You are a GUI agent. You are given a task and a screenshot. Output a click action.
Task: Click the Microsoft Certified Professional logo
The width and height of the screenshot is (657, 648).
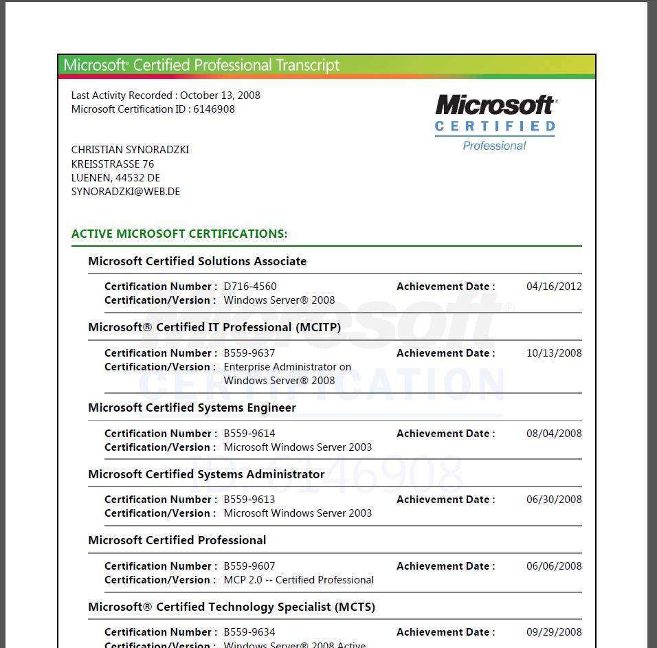tap(495, 122)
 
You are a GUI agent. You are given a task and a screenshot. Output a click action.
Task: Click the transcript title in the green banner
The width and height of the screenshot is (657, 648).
tap(201, 65)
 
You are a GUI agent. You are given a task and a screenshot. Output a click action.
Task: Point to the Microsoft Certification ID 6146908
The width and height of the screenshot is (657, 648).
tap(214, 109)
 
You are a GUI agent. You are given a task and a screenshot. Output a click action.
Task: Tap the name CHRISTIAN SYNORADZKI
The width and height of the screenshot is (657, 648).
tap(130, 150)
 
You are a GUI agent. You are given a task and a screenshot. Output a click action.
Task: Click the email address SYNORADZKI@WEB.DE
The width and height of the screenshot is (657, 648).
tap(125, 192)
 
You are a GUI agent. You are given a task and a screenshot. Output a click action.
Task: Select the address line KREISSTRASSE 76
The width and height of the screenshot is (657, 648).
tap(113, 164)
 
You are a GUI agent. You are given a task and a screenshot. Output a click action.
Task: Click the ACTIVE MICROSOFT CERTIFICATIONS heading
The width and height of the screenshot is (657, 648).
tap(179, 234)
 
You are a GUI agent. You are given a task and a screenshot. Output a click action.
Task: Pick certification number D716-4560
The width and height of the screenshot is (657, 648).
tap(250, 287)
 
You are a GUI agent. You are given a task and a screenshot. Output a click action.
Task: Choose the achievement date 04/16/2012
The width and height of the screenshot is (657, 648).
tap(554, 287)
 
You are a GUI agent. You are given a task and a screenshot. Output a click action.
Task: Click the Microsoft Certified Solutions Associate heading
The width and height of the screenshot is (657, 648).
tap(197, 261)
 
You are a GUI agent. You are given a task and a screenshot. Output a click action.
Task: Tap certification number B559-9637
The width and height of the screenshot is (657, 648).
tap(249, 353)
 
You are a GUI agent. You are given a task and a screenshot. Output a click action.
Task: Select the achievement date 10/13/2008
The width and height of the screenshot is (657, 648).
tap(554, 353)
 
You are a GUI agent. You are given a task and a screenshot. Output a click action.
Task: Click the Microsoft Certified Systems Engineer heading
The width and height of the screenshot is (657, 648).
tap(192, 407)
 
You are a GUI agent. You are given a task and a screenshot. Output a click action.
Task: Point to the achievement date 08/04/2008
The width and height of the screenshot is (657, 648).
tap(554, 434)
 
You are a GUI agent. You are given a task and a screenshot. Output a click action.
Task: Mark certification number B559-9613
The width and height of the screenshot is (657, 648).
tap(249, 500)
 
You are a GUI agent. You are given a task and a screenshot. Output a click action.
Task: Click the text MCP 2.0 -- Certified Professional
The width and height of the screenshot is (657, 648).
tap(299, 580)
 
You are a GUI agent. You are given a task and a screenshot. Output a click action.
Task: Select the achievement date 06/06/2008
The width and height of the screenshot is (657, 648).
tap(554, 566)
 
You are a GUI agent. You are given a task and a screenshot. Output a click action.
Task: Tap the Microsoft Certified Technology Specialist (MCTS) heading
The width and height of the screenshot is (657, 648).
tap(232, 607)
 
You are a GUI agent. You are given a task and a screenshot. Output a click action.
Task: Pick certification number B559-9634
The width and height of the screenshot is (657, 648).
tap(249, 632)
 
